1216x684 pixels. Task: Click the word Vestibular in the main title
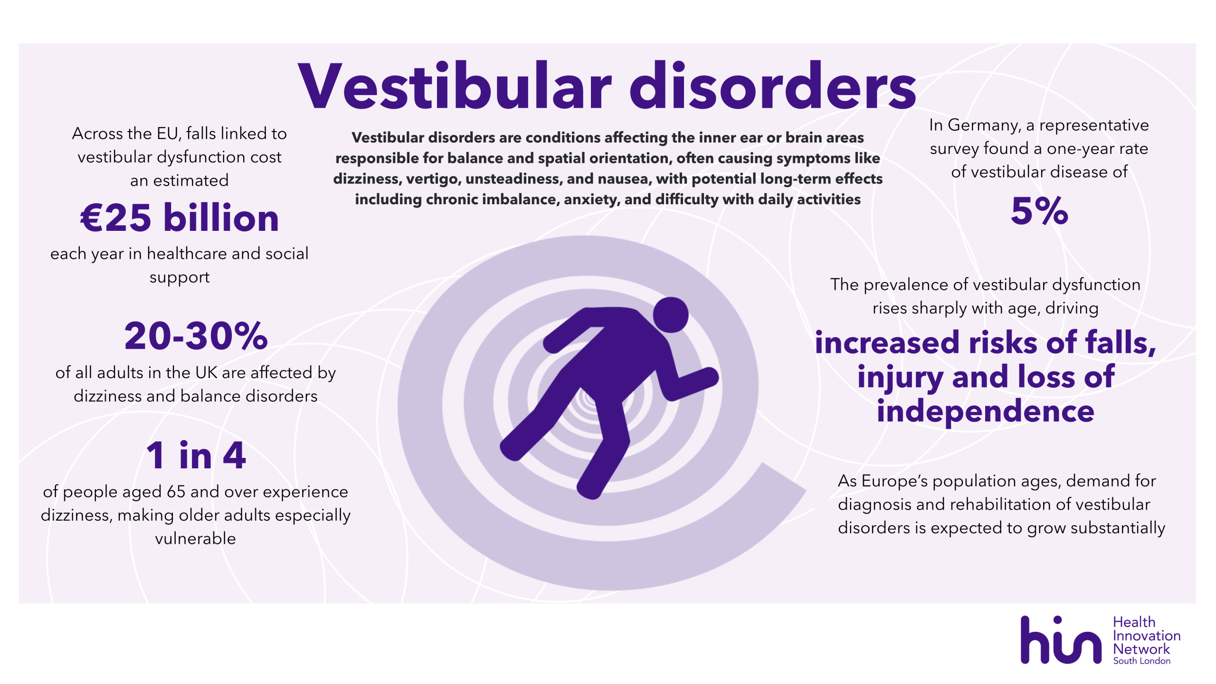tap(455, 86)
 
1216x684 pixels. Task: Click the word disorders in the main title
tap(773, 86)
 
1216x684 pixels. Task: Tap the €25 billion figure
tap(180, 218)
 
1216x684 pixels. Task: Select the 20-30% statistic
tap(196, 336)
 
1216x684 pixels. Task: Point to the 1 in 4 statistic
tap(196, 455)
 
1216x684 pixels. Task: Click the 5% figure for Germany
tap(1039, 210)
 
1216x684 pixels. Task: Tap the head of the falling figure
tap(671, 314)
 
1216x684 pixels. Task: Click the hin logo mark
tap(1061, 640)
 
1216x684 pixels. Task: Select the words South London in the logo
tap(1142, 661)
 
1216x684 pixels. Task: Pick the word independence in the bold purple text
tap(986, 411)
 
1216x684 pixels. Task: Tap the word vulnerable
tap(195, 539)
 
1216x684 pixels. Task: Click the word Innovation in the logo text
tap(1147, 636)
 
